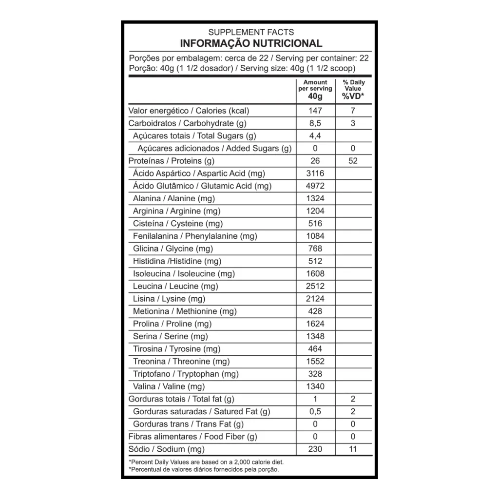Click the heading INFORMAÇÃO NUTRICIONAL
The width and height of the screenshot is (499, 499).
[x=251, y=43]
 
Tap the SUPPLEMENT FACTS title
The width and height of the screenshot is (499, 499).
[x=251, y=32]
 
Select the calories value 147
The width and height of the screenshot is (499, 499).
[x=315, y=111]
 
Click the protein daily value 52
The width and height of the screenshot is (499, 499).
[x=353, y=161]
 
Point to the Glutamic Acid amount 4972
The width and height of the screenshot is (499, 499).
[x=315, y=186]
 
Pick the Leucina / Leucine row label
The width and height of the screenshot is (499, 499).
[x=175, y=286]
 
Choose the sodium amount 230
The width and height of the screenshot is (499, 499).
[x=315, y=449]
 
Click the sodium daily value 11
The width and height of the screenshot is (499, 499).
[x=353, y=449]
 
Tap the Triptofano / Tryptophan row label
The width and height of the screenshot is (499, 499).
[x=186, y=374]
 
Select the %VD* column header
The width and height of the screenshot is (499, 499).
[x=353, y=96]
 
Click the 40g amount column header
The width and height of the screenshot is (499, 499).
[x=315, y=96]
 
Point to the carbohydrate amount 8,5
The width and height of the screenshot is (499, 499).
[x=315, y=123]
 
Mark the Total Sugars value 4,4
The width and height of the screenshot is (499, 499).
[x=315, y=135]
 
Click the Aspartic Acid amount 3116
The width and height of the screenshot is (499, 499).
[x=315, y=173]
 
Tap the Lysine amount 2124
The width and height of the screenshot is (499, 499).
[x=315, y=299]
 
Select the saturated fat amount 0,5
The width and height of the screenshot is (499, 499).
[x=315, y=411]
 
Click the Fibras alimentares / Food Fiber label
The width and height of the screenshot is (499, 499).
[x=192, y=437]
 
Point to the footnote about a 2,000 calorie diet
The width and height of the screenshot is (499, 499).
[x=206, y=461]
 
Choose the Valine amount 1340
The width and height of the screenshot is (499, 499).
[x=315, y=386]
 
